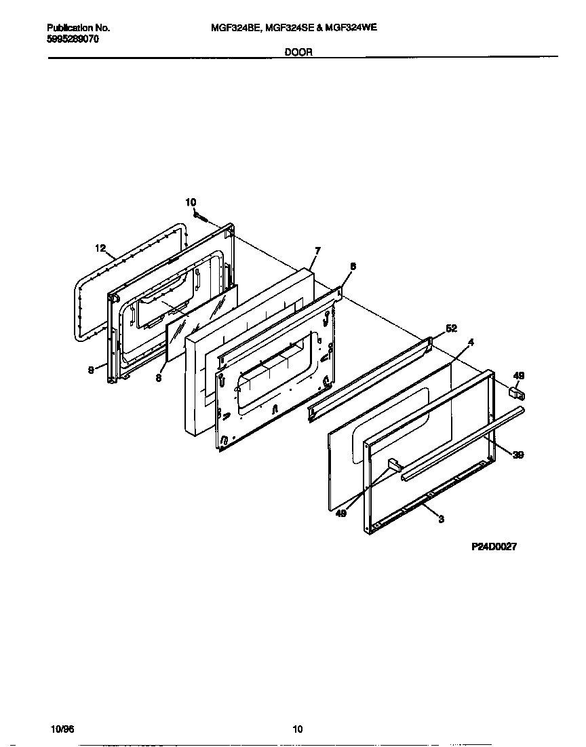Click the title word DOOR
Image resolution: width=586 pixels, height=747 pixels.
pos(298,52)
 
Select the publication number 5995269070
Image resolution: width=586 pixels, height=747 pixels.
pos(74,39)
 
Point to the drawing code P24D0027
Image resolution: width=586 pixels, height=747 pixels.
pos(494,548)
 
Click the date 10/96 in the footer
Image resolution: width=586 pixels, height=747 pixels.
pos(62,729)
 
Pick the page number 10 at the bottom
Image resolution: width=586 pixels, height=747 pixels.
pos(297,729)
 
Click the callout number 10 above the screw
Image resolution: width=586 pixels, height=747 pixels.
pos(191,202)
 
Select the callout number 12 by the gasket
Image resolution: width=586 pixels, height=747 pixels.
pos(100,248)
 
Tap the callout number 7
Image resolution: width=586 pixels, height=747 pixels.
pos(317,250)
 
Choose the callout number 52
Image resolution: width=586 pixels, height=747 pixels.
pos(452,328)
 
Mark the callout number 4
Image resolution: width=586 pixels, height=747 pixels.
pos(471,343)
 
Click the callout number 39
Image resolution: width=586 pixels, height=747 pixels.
pos(517,455)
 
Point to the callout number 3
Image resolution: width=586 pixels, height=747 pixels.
pos(442,520)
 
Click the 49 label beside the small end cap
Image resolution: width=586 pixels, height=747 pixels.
pos(519,375)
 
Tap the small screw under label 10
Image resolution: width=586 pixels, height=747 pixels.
pos(200,217)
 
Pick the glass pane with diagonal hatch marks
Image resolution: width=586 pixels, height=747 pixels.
pos(200,322)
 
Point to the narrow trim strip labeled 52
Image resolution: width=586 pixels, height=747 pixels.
pos(370,380)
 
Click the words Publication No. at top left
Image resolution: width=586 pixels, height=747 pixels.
pos(78,28)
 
